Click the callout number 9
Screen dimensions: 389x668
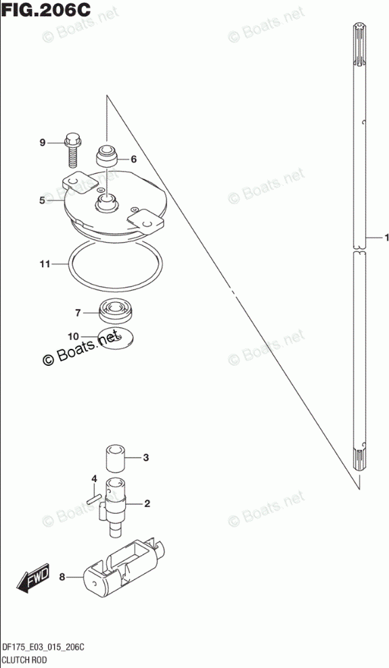pos(42,143)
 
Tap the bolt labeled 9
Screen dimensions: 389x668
pos(72,151)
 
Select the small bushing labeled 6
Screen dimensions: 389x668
pos(106,158)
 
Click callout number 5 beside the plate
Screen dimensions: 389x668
pos(42,200)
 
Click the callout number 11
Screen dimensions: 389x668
pos(45,264)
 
